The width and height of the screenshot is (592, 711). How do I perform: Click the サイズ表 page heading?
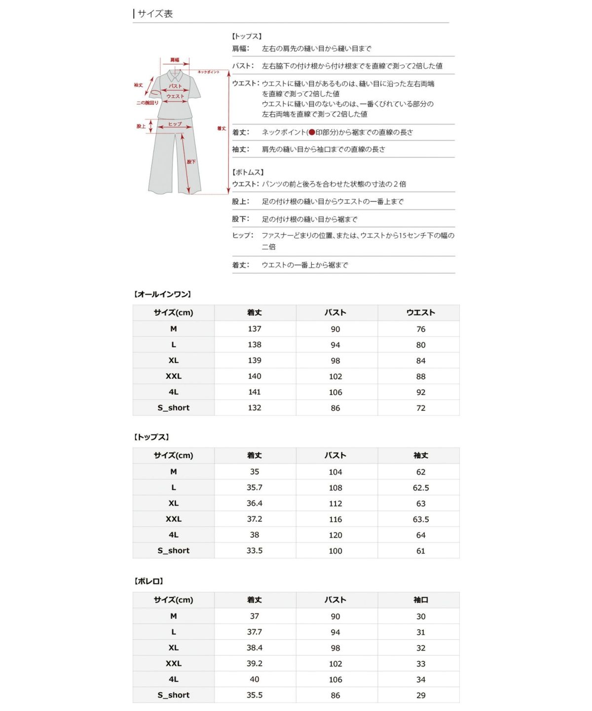coord(155,14)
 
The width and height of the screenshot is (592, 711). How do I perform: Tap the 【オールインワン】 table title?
coord(162,294)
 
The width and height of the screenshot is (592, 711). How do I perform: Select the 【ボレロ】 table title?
coord(148,581)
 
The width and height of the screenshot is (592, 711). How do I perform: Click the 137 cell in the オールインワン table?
coord(255,329)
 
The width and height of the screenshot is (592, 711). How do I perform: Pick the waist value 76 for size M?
coord(420,329)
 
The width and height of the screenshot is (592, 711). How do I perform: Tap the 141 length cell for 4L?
coord(255,392)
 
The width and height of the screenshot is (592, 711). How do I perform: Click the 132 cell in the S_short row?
coord(255,408)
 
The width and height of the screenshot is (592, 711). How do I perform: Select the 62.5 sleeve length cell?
coord(420,488)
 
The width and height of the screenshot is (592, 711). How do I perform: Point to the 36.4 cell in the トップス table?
coord(255,503)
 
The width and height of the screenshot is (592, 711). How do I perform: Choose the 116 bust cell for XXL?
coord(335,519)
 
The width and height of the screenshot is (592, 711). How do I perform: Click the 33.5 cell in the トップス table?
coord(255,551)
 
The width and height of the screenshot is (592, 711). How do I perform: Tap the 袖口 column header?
coord(420,600)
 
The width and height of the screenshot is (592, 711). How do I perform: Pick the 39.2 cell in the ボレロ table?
coord(255,664)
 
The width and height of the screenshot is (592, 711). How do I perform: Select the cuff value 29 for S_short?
coord(420,695)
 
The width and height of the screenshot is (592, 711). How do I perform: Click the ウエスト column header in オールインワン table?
coord(420,313)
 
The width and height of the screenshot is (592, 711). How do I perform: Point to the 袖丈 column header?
coord(420,456)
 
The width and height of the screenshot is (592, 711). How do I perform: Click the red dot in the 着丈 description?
coord(312,132)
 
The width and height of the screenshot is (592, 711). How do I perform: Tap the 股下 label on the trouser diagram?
coord(191,162)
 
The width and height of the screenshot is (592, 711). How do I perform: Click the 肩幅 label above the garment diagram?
coord(175,60)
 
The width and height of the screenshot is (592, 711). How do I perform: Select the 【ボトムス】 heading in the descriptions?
coord(248,172)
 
